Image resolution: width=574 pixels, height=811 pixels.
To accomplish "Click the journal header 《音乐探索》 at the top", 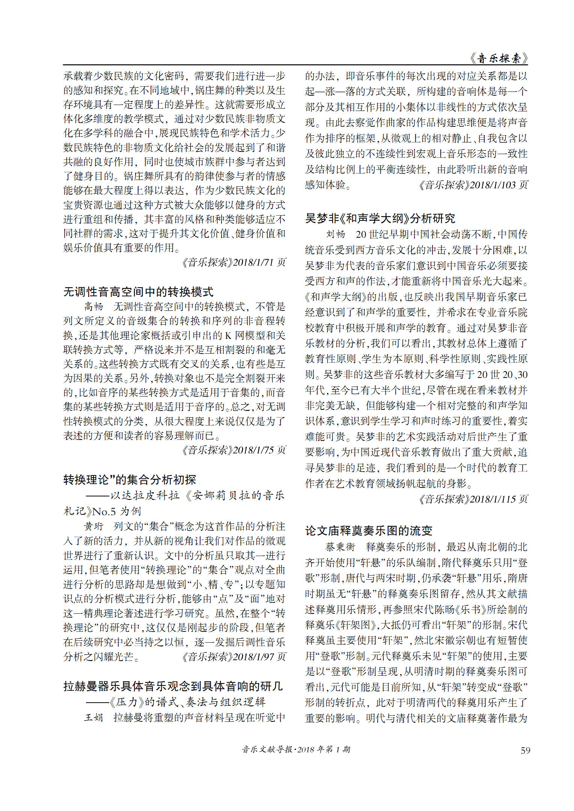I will (x=498, y=58).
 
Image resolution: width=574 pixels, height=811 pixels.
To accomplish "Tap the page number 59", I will (x=526, y=750).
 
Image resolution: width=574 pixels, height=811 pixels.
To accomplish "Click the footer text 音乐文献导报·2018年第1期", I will (x=296, y=750).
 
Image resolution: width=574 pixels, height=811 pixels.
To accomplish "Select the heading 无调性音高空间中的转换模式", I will (x=138, y=292).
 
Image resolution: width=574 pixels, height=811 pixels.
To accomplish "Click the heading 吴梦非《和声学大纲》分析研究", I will (x=380, y=218).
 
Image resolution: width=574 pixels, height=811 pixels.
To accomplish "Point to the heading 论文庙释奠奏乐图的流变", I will (x=369, y=531).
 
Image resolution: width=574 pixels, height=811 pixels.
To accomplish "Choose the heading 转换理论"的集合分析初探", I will (x=130, y=480).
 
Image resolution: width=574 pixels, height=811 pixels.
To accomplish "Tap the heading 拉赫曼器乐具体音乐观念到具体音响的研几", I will (x=173, y=686).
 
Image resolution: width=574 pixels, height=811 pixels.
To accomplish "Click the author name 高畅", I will (x=93, y=307).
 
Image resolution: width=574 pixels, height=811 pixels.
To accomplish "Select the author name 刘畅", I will (x=336, y=234).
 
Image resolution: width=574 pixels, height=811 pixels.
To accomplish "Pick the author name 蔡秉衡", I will (x=340, y=547).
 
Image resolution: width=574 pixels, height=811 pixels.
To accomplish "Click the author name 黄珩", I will (x=93, y=526).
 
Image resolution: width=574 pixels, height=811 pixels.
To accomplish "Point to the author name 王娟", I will (x=93, y=717).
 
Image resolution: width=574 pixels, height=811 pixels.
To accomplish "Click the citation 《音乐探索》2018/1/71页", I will (x=234, y=262).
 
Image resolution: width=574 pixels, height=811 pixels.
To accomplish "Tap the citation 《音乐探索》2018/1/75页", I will (x=234, y=450).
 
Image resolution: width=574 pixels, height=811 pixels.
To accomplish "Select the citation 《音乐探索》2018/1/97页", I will (x=234, y=657).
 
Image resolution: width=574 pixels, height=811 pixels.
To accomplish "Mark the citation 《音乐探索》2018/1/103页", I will (x=473, y=185).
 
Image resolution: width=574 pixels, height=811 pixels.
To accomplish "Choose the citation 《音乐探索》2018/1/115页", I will (x=473, y=499).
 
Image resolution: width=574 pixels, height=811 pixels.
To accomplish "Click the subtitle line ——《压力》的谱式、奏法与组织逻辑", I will (x=176, y=702).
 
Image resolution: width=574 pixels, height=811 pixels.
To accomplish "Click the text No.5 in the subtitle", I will (x=104, y=511).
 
